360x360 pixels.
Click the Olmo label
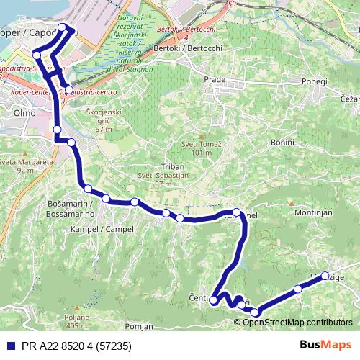(x=14, y=113)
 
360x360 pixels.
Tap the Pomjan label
(x=140, y=325)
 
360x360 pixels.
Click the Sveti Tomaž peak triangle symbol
(x=201, y=137)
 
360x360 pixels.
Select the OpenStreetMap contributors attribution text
(x=297, y=322)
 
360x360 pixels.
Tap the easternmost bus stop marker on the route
(x=325, y=276)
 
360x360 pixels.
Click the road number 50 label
(x=231, y=4)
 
